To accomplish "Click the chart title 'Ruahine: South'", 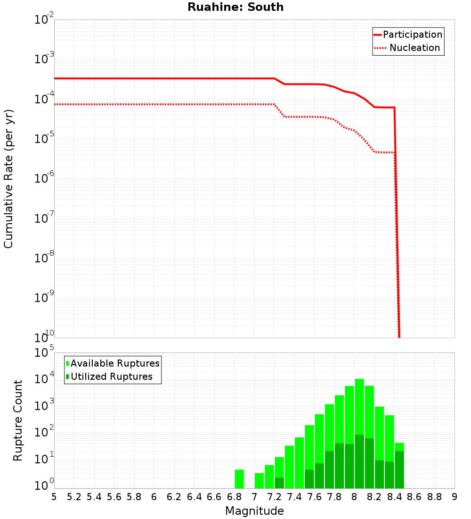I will tap(235, 8).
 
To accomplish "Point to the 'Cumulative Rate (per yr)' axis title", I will tap(8, 179).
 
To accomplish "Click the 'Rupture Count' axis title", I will tap(18, 420).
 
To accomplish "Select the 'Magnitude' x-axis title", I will tap(254, 511).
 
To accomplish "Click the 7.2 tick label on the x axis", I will tap(274, 497).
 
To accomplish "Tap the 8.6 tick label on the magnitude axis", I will tap(414, 497).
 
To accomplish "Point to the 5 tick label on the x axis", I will tap(54, 497).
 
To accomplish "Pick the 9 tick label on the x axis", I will tap(455, 497).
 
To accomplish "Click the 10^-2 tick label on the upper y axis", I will tap(44, 20).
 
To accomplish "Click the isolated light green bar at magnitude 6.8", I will tap(239, 479).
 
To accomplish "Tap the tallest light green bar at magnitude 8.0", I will tap(359, 406).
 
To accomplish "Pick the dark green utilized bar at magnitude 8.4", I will tap(399, 469).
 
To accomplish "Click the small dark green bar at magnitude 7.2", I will tap(279, 483).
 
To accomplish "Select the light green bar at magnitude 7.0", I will tap(259, 480).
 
